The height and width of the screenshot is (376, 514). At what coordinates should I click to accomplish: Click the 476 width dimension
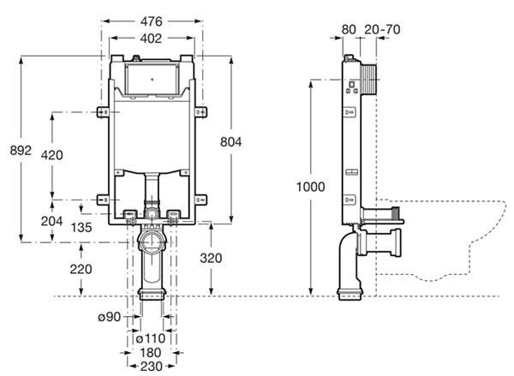[x=151, y=21]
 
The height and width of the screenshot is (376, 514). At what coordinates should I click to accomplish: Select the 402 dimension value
[x=151, y=39]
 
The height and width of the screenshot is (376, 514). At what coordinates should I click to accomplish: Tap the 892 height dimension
[x=21, y=151]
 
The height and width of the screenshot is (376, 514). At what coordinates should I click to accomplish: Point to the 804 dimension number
[x=231, y=142]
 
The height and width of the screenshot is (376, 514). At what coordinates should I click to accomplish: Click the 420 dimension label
[x=52, y=155]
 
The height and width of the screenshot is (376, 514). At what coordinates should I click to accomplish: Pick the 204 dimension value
[x=51, y=221]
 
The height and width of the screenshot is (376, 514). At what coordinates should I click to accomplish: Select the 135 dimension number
[x=81, y=227]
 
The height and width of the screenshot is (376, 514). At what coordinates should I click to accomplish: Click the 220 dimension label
[x=81, y=270]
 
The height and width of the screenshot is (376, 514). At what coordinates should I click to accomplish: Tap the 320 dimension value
[x=211, y=259]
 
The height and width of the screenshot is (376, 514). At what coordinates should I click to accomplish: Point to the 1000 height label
[x=311, y=187]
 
